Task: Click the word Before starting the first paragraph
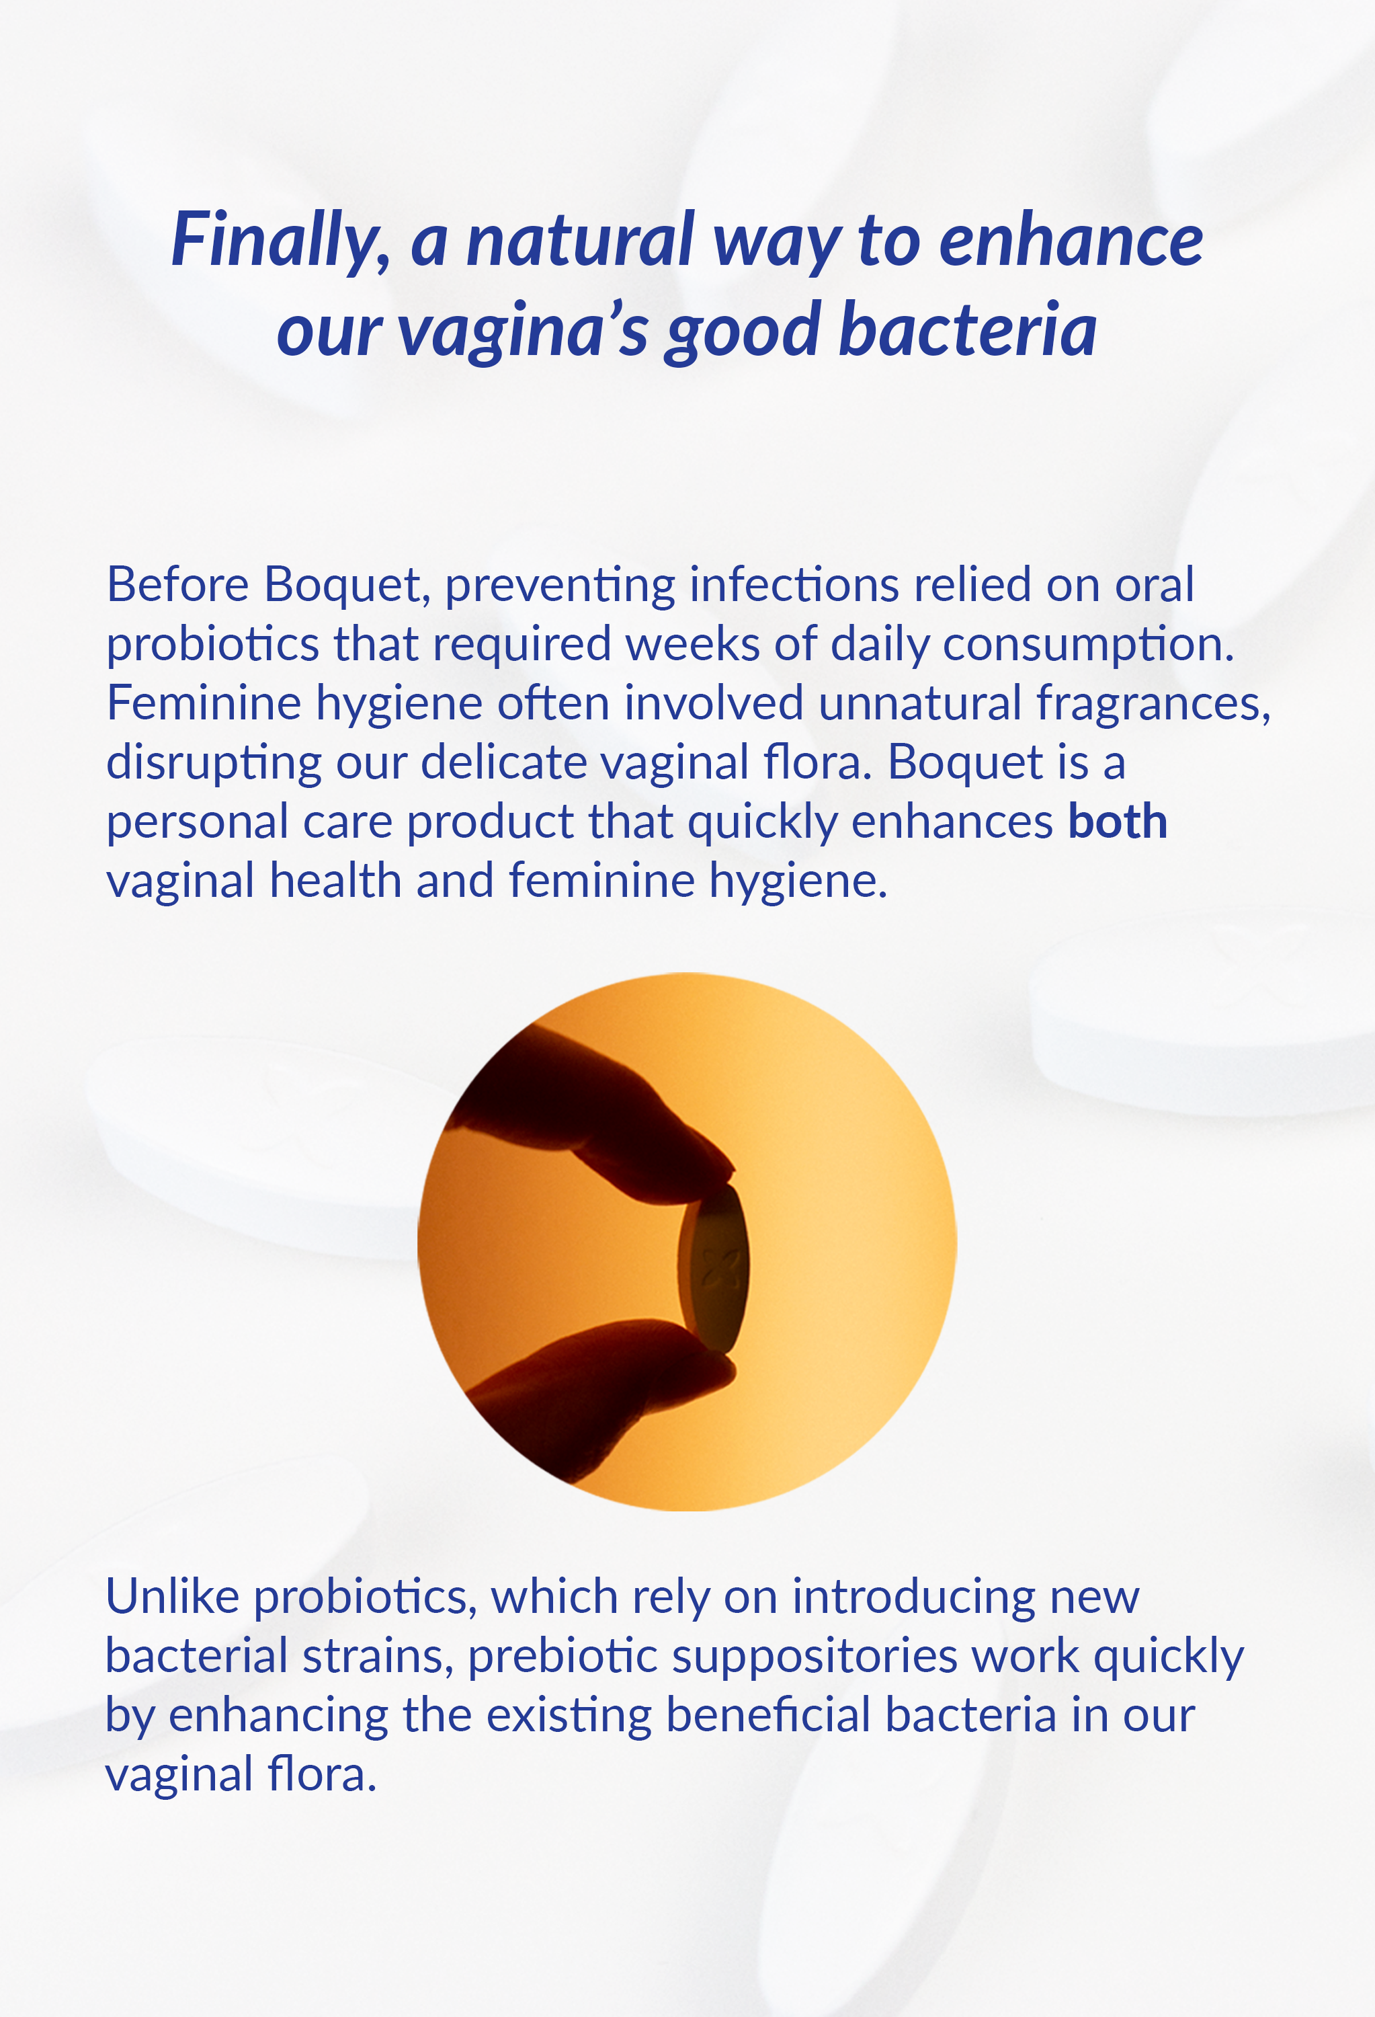click(177, 584)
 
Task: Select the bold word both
click(1118, 821)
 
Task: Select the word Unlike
click(172, 1596)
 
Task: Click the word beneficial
click(767, 1715)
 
